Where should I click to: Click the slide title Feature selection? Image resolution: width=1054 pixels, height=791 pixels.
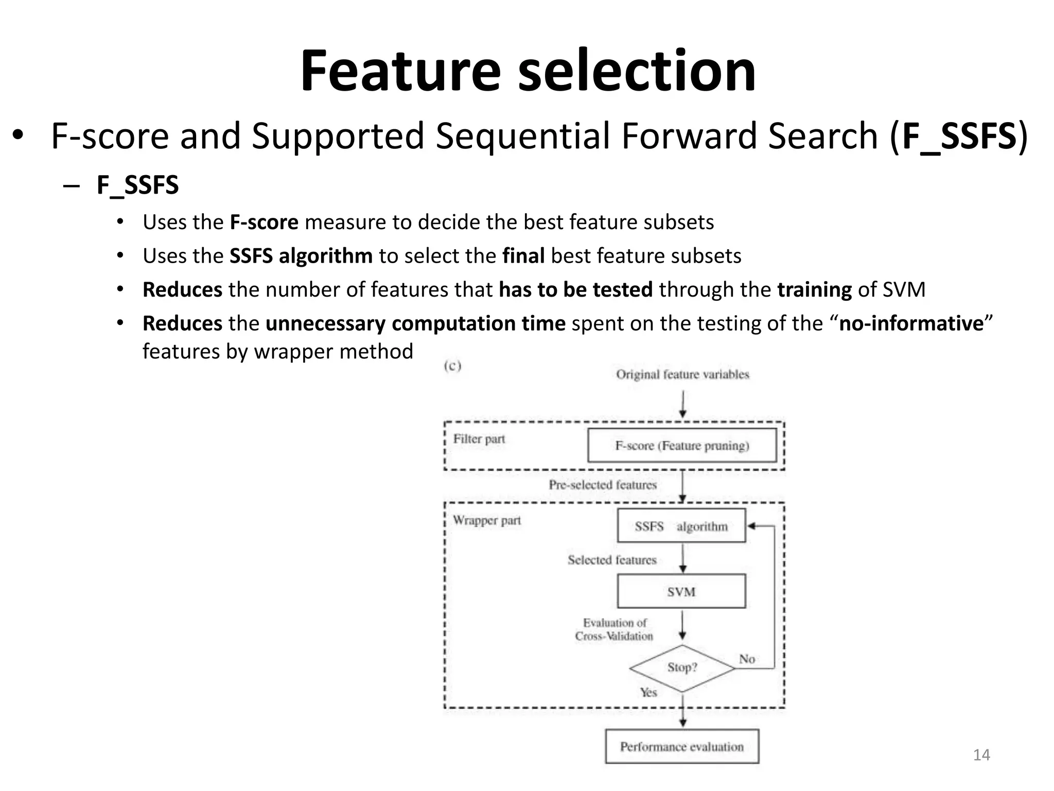pyautogui.click(x=528, y=71)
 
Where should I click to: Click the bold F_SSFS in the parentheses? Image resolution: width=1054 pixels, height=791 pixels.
pyautogui.click(x=959, y=136)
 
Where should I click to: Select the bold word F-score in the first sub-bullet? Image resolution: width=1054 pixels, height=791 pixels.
pyautogui.click(x=263, y=222)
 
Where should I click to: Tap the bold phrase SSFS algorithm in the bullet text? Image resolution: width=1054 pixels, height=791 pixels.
pyautogui.click(x=301, y=256)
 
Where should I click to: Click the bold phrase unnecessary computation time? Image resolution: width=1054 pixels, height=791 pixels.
pyautogui.click(x=415, y=323)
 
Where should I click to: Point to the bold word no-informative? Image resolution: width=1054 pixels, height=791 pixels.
pyautogui.click(x=911, y=323)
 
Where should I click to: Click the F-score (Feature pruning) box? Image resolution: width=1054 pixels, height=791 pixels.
pyautogui.click(x=682, y=445)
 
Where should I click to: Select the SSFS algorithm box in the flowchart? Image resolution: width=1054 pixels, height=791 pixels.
pyautogui.click(x=681, y=526)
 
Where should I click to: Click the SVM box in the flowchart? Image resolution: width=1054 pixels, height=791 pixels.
pyautogui.click(x=681, y=591)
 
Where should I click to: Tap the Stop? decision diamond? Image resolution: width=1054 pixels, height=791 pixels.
pyautogui.click(x=682, y=668)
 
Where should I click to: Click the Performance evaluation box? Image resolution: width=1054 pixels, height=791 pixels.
pyautogui.click(x=682, y=746)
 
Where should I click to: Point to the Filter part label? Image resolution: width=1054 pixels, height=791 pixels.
pyautogui.click(x=479, y=439)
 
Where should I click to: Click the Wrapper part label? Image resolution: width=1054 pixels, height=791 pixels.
pyautogui.click(x=486, y=520)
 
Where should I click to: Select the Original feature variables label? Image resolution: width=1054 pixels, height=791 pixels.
pyautogui.click(x=682, y=374)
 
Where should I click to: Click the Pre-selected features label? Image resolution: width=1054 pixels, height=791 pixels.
pyautogui.click(x=603, y=485)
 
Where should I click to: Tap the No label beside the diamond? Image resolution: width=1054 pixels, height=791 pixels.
pyautogui.click(x=747, y=659)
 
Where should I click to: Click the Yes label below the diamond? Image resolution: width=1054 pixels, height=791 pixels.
pyautogui.click(x=648, y=692)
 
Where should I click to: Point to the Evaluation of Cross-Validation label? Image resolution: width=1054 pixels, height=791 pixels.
pyautogui.click(x=614, y=629)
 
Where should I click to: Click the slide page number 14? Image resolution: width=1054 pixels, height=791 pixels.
pyautogui.click(x=981, y=755)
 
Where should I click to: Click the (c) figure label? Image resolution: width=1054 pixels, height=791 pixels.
pyautogui.click(x=452, y=366)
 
